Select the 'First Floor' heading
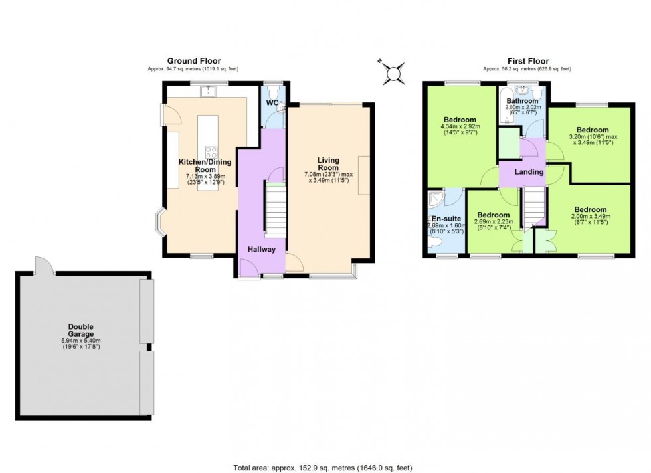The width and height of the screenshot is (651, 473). tap(526, 61)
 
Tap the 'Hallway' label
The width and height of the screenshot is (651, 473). tap(261, 248)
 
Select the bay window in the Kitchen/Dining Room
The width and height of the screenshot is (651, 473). tap(161, 223)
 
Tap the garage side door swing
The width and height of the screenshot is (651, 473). tap(44, 266)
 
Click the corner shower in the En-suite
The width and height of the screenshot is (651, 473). tap(435, 198)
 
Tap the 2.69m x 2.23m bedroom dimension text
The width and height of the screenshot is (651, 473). tap(494, 225)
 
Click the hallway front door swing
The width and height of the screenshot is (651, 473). tap(248, 268)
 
